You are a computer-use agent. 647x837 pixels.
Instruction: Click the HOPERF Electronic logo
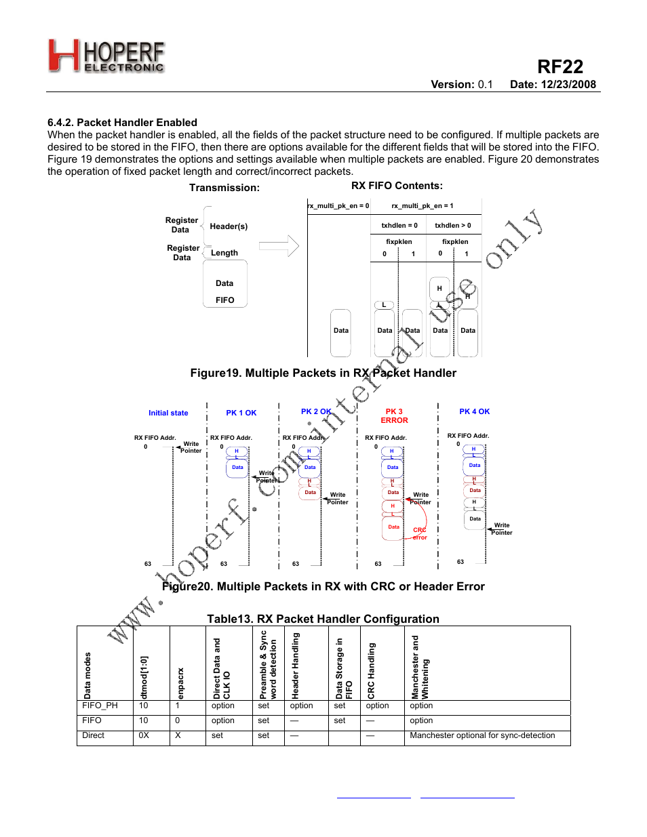tap(106, 56)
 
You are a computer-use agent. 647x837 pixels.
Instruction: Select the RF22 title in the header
tap(560, 66)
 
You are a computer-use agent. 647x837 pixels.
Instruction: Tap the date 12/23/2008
tap(553, 85)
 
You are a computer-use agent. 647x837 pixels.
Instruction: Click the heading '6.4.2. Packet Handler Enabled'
tap(122, 123)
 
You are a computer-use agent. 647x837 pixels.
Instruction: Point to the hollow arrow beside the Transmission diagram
tap(279, 246)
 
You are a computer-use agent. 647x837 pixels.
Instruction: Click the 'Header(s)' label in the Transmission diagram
tap(229, 226)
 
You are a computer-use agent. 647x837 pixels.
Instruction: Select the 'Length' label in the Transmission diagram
tap(224, 253)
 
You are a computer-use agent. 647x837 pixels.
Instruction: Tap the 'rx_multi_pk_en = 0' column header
tap(338, 206)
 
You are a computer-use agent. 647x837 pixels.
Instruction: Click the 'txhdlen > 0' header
tap(452, 226)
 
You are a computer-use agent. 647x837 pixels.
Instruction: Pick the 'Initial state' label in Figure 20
tap(168, 413)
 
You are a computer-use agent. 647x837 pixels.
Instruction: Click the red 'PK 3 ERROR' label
tap(394, 416)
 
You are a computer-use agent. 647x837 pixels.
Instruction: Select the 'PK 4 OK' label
tap(474, 411)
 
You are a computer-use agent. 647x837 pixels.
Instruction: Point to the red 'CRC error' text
tap(420, 533)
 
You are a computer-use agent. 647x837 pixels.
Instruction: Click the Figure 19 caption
tap(323, 373)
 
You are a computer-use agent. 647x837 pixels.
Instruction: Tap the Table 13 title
tap(323, 619)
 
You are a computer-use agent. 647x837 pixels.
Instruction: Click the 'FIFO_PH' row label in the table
tap(100, 706)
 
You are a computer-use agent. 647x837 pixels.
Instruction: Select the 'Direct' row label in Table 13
tap(93, 735)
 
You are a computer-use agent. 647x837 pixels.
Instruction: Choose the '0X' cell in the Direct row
tap(144, 735)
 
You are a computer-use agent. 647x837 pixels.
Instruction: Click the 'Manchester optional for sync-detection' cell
tap(482, 735)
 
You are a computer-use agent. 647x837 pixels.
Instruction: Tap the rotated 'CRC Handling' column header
tap(371, 671)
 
